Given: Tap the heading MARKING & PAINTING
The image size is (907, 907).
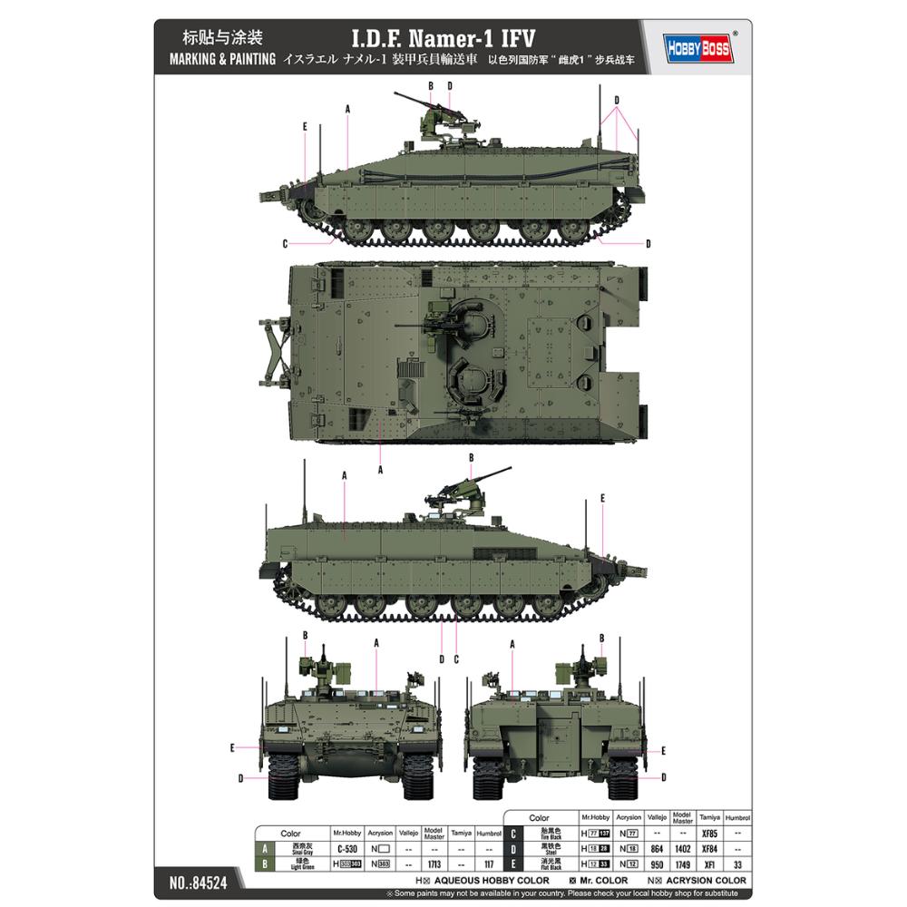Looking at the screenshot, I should point(216,63).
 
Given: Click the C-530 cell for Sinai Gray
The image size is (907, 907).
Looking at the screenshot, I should point(346,848).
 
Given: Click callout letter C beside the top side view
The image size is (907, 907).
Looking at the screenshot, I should point(284,243).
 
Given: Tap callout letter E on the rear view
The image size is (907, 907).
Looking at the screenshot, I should point(665,751).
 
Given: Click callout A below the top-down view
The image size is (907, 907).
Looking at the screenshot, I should point(381,469).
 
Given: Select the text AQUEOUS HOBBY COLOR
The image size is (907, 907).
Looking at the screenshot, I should point(491,880).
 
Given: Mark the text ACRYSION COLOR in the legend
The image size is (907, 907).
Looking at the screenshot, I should point(706,880).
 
